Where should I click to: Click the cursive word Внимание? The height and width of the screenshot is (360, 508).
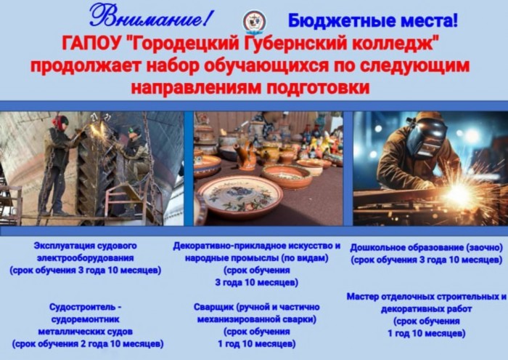pos(151,16)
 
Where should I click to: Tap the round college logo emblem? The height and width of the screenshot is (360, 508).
pos(255,21)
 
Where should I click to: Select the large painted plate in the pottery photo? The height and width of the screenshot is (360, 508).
pos(240,196)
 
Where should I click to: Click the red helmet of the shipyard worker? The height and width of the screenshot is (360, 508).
pos(60,121)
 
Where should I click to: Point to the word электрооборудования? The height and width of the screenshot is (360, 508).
pos(85,258)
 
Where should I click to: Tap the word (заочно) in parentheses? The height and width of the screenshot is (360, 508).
pos(484,248)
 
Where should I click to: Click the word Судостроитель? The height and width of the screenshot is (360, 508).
pos(81,307)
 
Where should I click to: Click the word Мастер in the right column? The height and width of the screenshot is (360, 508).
pos(363,297)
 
